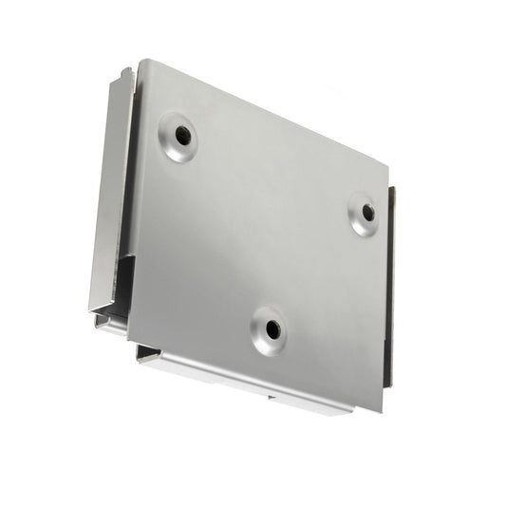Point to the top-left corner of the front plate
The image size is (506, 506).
(142, 63)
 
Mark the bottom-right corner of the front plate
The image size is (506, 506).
(383, 410)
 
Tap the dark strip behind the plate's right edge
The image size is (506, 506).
(390, 285)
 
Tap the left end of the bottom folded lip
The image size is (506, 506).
(141, 356)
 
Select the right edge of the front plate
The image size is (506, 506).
(385, 294)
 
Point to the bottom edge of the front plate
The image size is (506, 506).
(256, 375)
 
